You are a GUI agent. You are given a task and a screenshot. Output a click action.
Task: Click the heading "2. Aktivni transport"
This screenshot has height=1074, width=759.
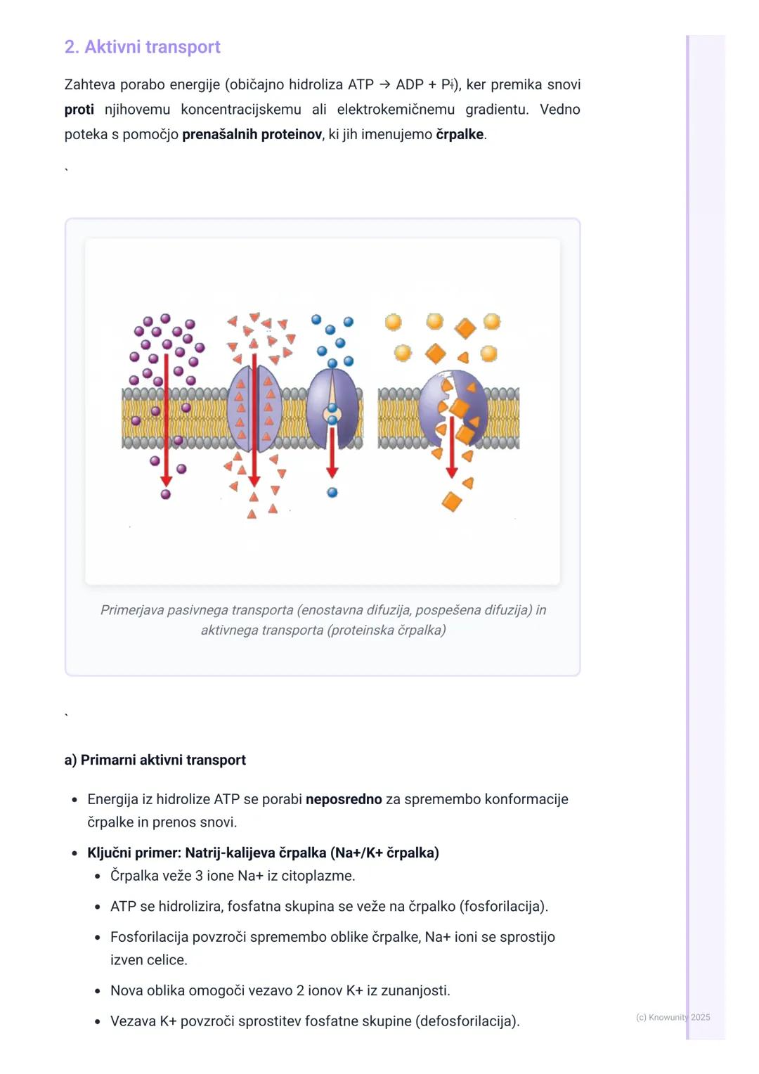143,47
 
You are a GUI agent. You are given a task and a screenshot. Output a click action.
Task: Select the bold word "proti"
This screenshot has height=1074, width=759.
79,110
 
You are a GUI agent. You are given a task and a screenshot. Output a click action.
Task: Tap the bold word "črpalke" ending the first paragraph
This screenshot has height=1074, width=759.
460,135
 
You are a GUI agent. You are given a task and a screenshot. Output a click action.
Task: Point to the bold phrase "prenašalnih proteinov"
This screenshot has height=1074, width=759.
252,135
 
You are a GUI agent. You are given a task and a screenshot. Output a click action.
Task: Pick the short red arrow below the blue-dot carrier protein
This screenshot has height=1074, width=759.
332,453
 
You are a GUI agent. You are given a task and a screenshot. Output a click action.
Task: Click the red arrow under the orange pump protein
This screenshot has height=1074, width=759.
452,447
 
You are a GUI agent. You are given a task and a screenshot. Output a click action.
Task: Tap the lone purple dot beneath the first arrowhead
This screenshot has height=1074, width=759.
166,494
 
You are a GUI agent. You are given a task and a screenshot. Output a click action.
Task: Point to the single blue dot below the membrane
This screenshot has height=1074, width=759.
332,493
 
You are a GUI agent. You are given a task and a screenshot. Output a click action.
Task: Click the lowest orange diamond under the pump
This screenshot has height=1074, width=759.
452,502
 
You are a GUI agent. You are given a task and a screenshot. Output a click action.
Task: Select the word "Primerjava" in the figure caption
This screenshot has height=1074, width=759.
132,610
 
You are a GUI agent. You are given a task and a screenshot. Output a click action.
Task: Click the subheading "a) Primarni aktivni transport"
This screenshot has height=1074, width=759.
155,760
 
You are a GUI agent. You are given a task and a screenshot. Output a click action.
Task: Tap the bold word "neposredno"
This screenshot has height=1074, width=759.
344,799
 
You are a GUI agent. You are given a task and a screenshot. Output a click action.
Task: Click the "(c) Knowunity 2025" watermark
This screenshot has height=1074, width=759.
673,1018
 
